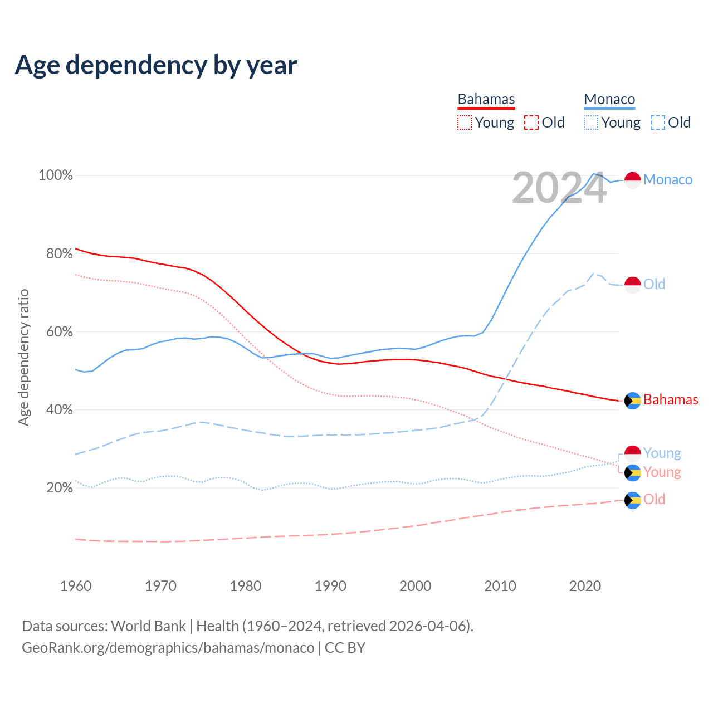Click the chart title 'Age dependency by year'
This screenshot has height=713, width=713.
pos(156,65)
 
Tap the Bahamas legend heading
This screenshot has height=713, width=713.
pos(486,99)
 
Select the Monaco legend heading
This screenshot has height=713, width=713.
pos(609,99)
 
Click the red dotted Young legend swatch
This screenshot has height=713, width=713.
pos(465,123)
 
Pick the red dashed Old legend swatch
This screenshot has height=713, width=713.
pos(531,123)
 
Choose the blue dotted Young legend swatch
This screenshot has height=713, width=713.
pos(591,123)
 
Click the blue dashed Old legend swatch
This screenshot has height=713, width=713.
pos(658,123)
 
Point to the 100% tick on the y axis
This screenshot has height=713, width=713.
pos(56,175)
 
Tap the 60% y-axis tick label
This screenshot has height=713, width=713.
pos(59,331)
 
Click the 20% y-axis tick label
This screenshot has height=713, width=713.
pos(59,488)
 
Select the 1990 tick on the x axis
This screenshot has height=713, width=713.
pos(330,586)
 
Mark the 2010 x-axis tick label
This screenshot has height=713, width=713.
pos(500,586)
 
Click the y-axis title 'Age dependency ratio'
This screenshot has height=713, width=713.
pos(24,357)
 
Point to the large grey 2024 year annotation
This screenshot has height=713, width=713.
pos(559,188)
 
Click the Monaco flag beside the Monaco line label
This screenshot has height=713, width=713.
pos(633,180)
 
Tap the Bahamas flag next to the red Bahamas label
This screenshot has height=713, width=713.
pos(633,400)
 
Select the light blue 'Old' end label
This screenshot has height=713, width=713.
pos(655,284)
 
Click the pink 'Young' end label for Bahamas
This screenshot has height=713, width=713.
pos(662,472)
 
